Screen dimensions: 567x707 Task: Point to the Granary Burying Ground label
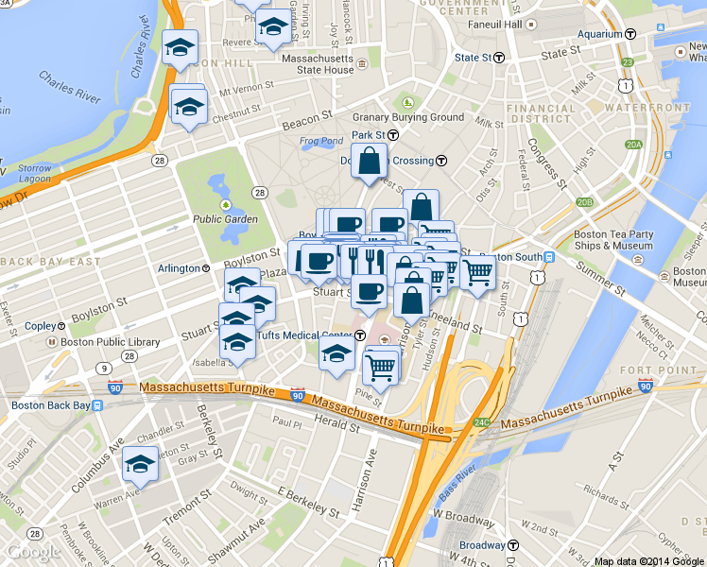[x=408, y=117]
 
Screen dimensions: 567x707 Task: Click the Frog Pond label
[x=321, y=142]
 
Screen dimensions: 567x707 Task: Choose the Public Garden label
[x=225, y=219]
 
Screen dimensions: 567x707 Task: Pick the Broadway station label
[x=482, y=545]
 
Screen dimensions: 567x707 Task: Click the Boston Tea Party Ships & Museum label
[x=613, y=240]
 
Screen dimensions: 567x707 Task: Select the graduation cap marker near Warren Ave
[x=141, y=465]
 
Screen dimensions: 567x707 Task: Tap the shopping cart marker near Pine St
[x=380, y=366]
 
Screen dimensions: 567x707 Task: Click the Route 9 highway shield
[x=102, y=367]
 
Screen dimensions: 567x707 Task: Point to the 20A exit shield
[x=633, y=145]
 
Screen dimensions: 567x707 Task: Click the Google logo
[x=33, y=552]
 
